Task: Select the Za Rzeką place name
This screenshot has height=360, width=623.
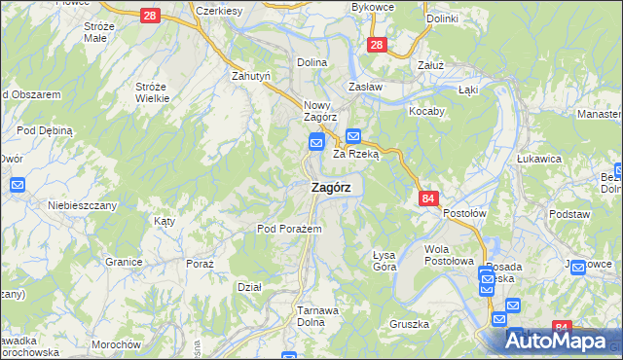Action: (355, 154)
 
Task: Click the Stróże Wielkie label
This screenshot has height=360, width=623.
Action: (152, 92)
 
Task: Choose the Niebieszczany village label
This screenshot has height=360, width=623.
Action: (83, 205)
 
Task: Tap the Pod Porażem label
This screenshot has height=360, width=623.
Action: (282, 229)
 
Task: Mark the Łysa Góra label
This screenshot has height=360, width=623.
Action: (385, 260)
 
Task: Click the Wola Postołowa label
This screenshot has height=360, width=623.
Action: (449, 255)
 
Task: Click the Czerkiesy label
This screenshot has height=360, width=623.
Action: (217, 10)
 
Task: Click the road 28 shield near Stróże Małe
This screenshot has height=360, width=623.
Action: (150, 16)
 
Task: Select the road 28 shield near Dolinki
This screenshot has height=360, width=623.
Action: (377, 44)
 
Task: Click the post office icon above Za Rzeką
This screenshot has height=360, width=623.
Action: (353, 137)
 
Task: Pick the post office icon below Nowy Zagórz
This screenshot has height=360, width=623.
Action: (316, 143)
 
